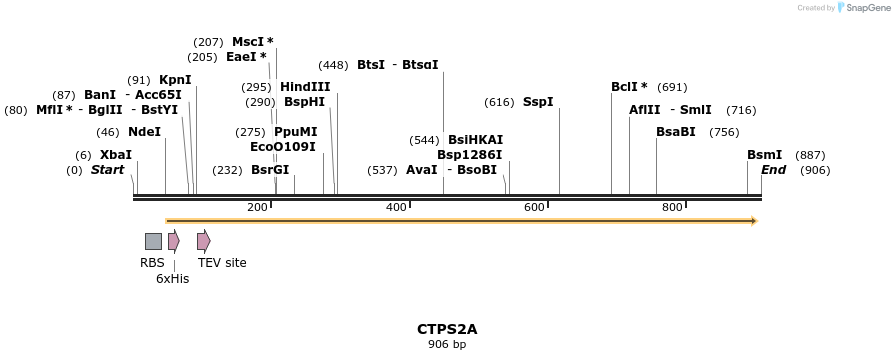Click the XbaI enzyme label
point(116,155)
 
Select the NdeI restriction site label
point(144,132)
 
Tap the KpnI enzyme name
point(175,80)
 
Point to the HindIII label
point(305,87)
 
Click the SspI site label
point(538,102)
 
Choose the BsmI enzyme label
point(764,155)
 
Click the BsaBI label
point(676,132)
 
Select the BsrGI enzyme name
point(270,170)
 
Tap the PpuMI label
point(295,132)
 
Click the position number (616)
point(499,102)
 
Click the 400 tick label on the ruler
point(396,207)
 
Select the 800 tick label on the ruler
point(672,207)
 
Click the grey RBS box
point(153,241)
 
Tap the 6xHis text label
point(172,279)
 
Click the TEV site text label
point(222,263)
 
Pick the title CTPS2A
point(447,328)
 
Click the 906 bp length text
point(447,345)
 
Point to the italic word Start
point(108,170)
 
